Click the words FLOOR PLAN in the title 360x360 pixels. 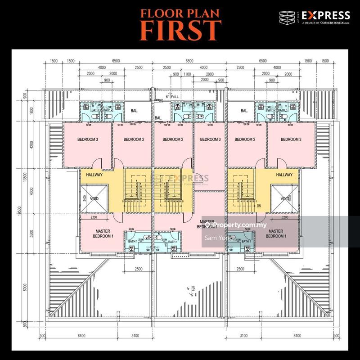[180, 13]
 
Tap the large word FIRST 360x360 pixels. [180, 30]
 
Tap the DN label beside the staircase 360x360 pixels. [258, 205]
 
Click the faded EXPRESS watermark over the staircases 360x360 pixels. [184, 178]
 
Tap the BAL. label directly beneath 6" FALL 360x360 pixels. [158, 118]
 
